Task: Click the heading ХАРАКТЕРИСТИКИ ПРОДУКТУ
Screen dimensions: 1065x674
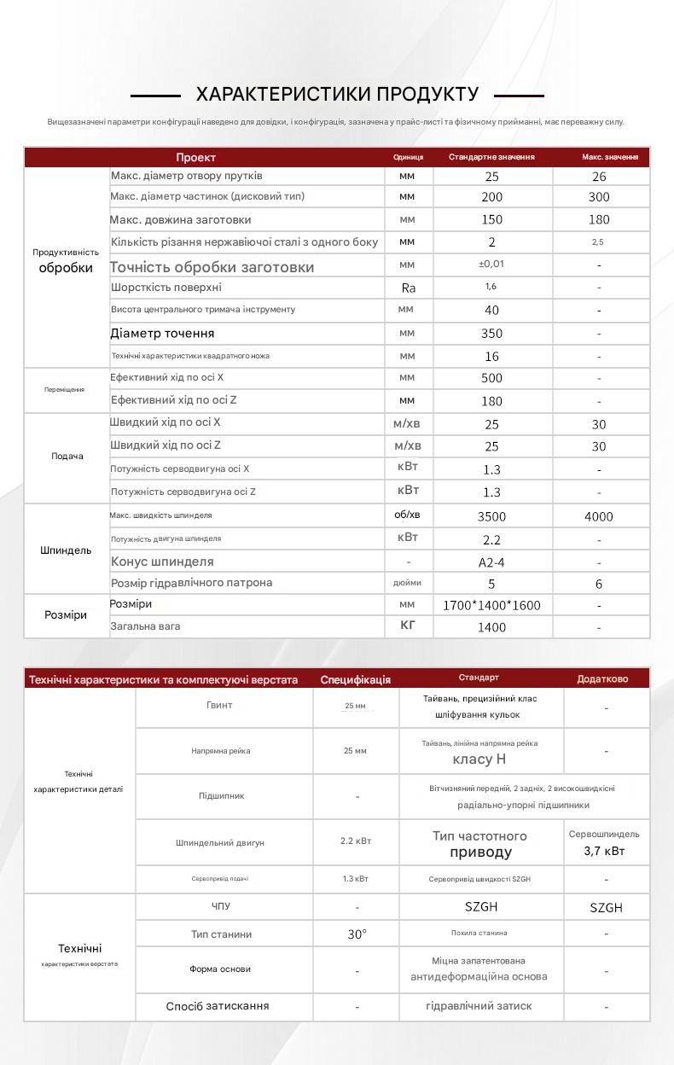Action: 337,95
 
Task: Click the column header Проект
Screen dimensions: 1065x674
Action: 196,157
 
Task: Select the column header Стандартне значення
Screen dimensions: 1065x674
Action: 491,157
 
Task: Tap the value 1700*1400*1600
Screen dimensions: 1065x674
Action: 491,605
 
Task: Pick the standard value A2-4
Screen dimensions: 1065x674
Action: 491,562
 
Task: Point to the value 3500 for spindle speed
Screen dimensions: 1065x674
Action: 491,516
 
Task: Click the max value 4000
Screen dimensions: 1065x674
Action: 599,516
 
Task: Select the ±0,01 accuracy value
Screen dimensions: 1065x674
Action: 491,265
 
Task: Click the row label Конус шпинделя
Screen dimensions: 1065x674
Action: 162,562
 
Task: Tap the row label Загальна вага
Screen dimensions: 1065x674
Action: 145,626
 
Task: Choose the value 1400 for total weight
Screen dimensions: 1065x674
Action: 491,627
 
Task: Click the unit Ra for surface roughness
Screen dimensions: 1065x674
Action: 408,288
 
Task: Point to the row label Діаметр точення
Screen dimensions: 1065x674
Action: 162,333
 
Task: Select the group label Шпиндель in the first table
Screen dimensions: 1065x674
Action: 66,550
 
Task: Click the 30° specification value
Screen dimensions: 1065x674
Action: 357,934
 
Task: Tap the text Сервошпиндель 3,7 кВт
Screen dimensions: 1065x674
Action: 604,843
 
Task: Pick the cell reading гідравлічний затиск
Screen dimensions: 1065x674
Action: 479,1006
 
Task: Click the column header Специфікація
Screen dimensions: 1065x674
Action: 355,679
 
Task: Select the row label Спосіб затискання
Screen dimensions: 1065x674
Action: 218,1006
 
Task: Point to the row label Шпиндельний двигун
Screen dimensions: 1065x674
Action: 220,842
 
